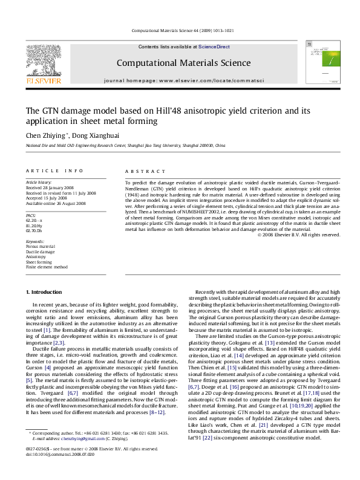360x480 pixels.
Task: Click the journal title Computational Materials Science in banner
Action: tap(180, 62)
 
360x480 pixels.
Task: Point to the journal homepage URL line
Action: tap(180, 80)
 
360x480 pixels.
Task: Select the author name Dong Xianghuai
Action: tap(96, 136)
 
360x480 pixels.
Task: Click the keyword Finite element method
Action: tap(47, 267)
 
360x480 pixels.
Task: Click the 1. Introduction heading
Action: tap(46, 293)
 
